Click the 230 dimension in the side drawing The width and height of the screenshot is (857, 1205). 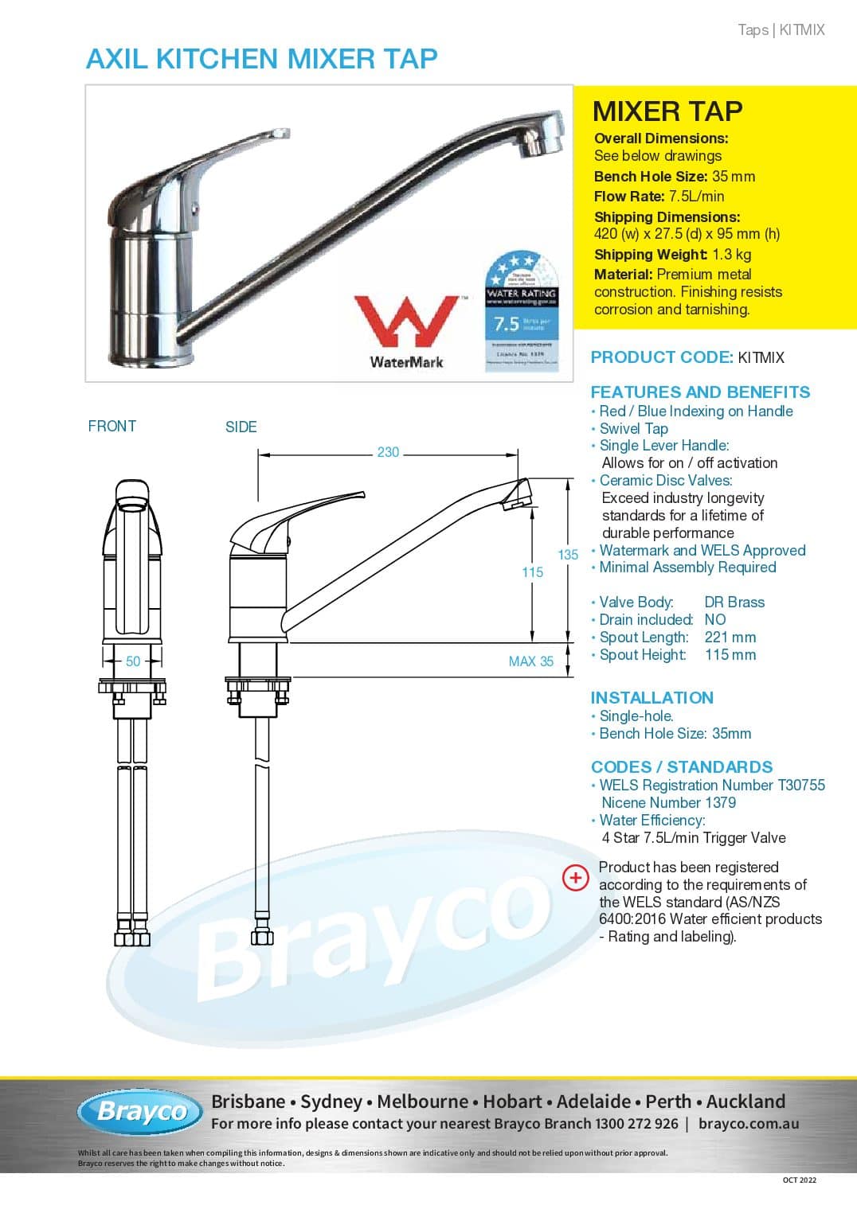coord(388,452)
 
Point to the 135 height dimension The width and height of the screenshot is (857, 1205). coord(568,555)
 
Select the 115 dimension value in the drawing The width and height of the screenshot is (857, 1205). coord(532,572)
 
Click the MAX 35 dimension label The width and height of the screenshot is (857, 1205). coord(530,661)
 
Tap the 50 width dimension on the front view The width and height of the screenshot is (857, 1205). coord(133,661)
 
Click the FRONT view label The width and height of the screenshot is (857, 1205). coord(112,426)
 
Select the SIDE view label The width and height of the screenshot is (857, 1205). coord(241,427)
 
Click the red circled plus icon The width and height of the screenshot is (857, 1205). coord(575,877)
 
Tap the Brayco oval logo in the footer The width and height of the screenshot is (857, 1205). coord(140,1111)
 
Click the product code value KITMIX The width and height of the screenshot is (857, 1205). coord(761,357)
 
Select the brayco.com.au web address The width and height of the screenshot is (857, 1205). coord(748,1124)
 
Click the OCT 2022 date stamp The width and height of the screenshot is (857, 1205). coord(799,1180)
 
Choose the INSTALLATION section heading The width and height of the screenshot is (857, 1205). coord(652,698)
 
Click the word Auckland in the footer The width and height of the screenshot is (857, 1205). coord(745,1102)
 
